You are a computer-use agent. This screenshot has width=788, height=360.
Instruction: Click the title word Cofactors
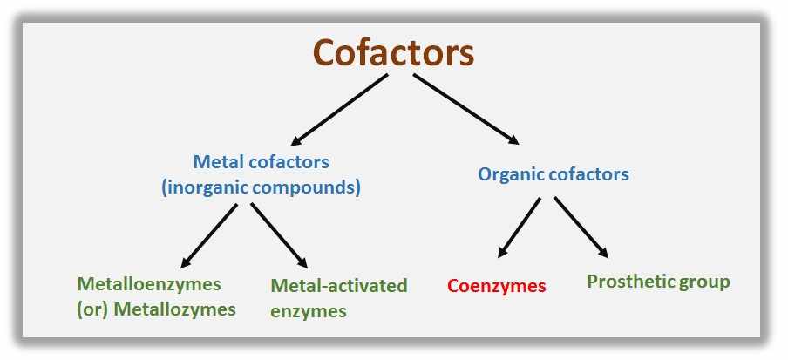pyautogui.click(x=393, y=52)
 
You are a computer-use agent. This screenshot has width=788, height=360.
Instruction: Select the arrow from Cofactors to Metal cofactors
pyautogui.click(x=340, y=110)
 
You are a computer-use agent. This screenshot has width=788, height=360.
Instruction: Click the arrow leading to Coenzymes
pyautogui.click(x=520, y=228)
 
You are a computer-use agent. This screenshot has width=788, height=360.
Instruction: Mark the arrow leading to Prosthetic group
pyautogui.click(x=581, y=227)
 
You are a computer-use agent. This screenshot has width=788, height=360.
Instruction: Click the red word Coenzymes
pyautogui.click(x=496, y=286)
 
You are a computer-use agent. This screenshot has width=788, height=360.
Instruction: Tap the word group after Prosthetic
pyautogui.click(x=707, y=282)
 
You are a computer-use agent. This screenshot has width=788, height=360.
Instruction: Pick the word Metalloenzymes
pyautogui.click(x=149, y=284)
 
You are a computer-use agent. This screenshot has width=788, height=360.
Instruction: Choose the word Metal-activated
pyautogui.click(x=339, y=285)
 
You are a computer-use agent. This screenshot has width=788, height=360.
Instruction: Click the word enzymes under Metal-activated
pyautogui.click(x=309, y=310)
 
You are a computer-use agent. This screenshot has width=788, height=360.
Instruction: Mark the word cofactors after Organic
pyautogui.click(x=589, y=174)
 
